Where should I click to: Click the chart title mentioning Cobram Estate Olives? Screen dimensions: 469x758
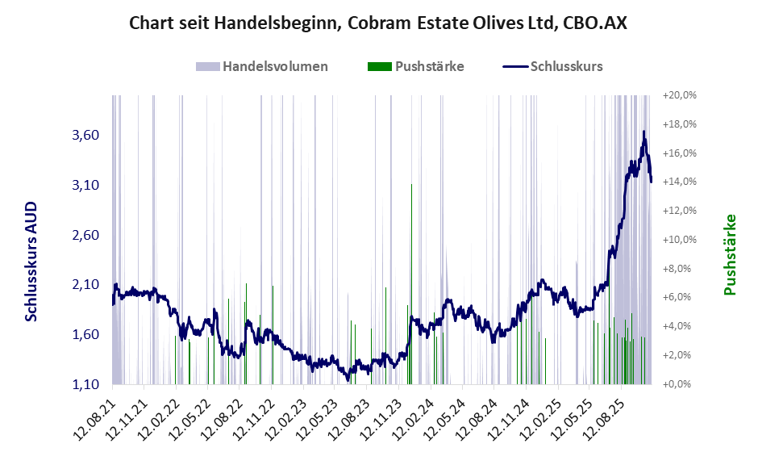pyautogui.click(x=378, y=23)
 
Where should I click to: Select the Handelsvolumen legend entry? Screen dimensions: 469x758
pyautogui.click(x=261, y=66)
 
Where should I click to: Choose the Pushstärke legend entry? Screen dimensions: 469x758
pyautogui.click(x=414, y=66)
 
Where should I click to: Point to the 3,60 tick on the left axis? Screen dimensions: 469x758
pyautogui.click(x=85, y=136)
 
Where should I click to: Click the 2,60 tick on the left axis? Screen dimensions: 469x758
pyautogui.click(x=85, y=235)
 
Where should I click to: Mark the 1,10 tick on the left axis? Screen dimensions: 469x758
pyautogui.click(x=85, y=384)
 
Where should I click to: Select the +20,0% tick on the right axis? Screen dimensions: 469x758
pyautogui.click(x=679, y=95)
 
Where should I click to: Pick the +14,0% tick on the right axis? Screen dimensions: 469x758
pyautogui.click(x=679, y=182)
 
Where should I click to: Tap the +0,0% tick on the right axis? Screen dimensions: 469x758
pyautogui.click(x=679, y=384)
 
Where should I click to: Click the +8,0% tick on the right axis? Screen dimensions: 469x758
pyautogui.click(x=679, y=268)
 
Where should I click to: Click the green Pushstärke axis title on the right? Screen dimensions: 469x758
pyautogui.click(x=730, y=254)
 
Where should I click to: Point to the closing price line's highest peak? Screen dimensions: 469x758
pyautogui.click(x=643, y=132)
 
